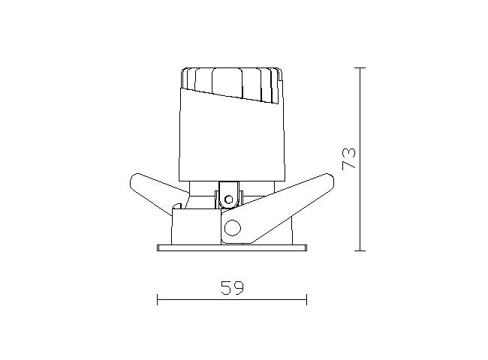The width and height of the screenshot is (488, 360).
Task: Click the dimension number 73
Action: click(x=349, y=159)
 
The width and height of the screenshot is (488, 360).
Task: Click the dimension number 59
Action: click(x=232, y=288)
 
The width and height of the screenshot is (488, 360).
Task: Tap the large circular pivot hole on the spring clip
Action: click(x=233, y=228)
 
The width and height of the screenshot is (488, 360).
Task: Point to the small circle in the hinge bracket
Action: click(x=229, y=199)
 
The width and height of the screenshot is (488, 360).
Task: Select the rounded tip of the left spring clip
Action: click(x=134, y=180)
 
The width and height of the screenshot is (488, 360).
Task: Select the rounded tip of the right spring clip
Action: click(x=329, y=180)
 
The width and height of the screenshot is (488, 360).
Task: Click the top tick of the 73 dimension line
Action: click(x=360, y=67)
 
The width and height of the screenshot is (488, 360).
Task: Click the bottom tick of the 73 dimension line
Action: click(x=360, y=250)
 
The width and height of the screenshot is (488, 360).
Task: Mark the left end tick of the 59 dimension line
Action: click(x=157, y=299)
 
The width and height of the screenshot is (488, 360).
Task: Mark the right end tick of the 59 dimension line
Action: click(x=306, y=299)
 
